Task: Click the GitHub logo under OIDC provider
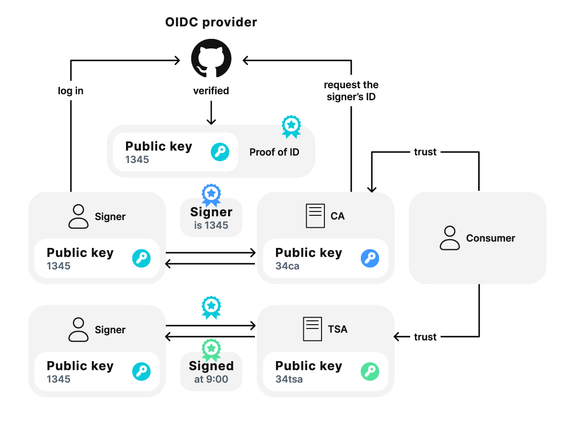pyautogui.click(x=211, y=58)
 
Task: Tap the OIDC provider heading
pyautogui.click(x=211, y=22)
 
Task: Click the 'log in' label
pyautogui.click(x=70, y=91)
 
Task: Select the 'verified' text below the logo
pyautogui.click(x=211, y=91)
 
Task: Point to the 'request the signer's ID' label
pyautogui.click(x=351, y=91)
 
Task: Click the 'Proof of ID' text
pyautogui.click(x=274, y=152)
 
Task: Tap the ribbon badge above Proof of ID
pyautogui.click(x=291, y=126)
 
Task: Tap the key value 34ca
pyautogui.click(x=287, y=266)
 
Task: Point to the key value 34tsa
pyautogui.click(x=289, y=379)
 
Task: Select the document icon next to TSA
pyautogui.click(x=312, y=329)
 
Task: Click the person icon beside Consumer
pyautogui.click(x=449, y=238)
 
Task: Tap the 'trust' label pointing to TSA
pyautogui.click(x=425, y=337)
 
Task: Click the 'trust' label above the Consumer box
pyautogui.click(x=425, y=152)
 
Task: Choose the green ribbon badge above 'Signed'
pyautogui.click(x=211, y=350)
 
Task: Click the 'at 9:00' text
pyautogui.click(x=211, y=379)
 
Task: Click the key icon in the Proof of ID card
pyautogui.click(x=220, y=152)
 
